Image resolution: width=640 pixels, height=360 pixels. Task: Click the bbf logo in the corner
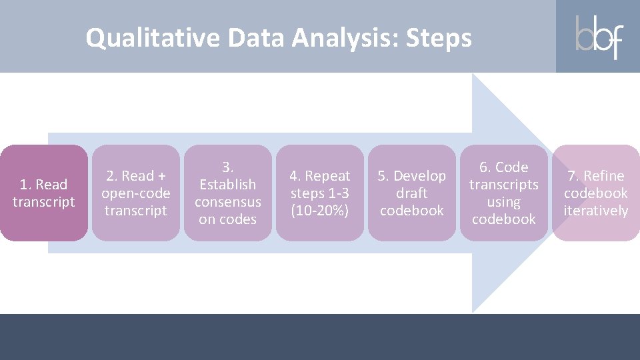tap(599, 37)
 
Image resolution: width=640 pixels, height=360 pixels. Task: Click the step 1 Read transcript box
tap(44, 193)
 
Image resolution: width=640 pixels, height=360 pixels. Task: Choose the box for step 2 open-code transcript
tap(136, 193)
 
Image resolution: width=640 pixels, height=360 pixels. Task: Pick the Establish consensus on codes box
tap(228, 193)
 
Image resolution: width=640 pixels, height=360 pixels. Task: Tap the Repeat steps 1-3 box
tap(320, 193)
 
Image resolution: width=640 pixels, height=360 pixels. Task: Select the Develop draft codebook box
tap(412, 193)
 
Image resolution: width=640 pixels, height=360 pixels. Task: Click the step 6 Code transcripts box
tap(504, 193)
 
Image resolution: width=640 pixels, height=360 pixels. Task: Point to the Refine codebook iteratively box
tap(595, 193)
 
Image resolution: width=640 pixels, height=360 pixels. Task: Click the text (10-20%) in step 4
tap(320, 211)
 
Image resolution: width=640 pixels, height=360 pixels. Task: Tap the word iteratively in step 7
tap(595, 211)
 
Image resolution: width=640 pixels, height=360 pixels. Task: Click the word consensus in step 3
tap(228, 201)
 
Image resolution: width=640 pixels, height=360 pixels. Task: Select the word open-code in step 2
tap(136, 193)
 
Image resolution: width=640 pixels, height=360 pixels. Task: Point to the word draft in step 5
tap(412, 193)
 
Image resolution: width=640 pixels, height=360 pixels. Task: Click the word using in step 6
tap(504, 201)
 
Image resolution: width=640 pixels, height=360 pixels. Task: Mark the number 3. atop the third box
tap(228, 167)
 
